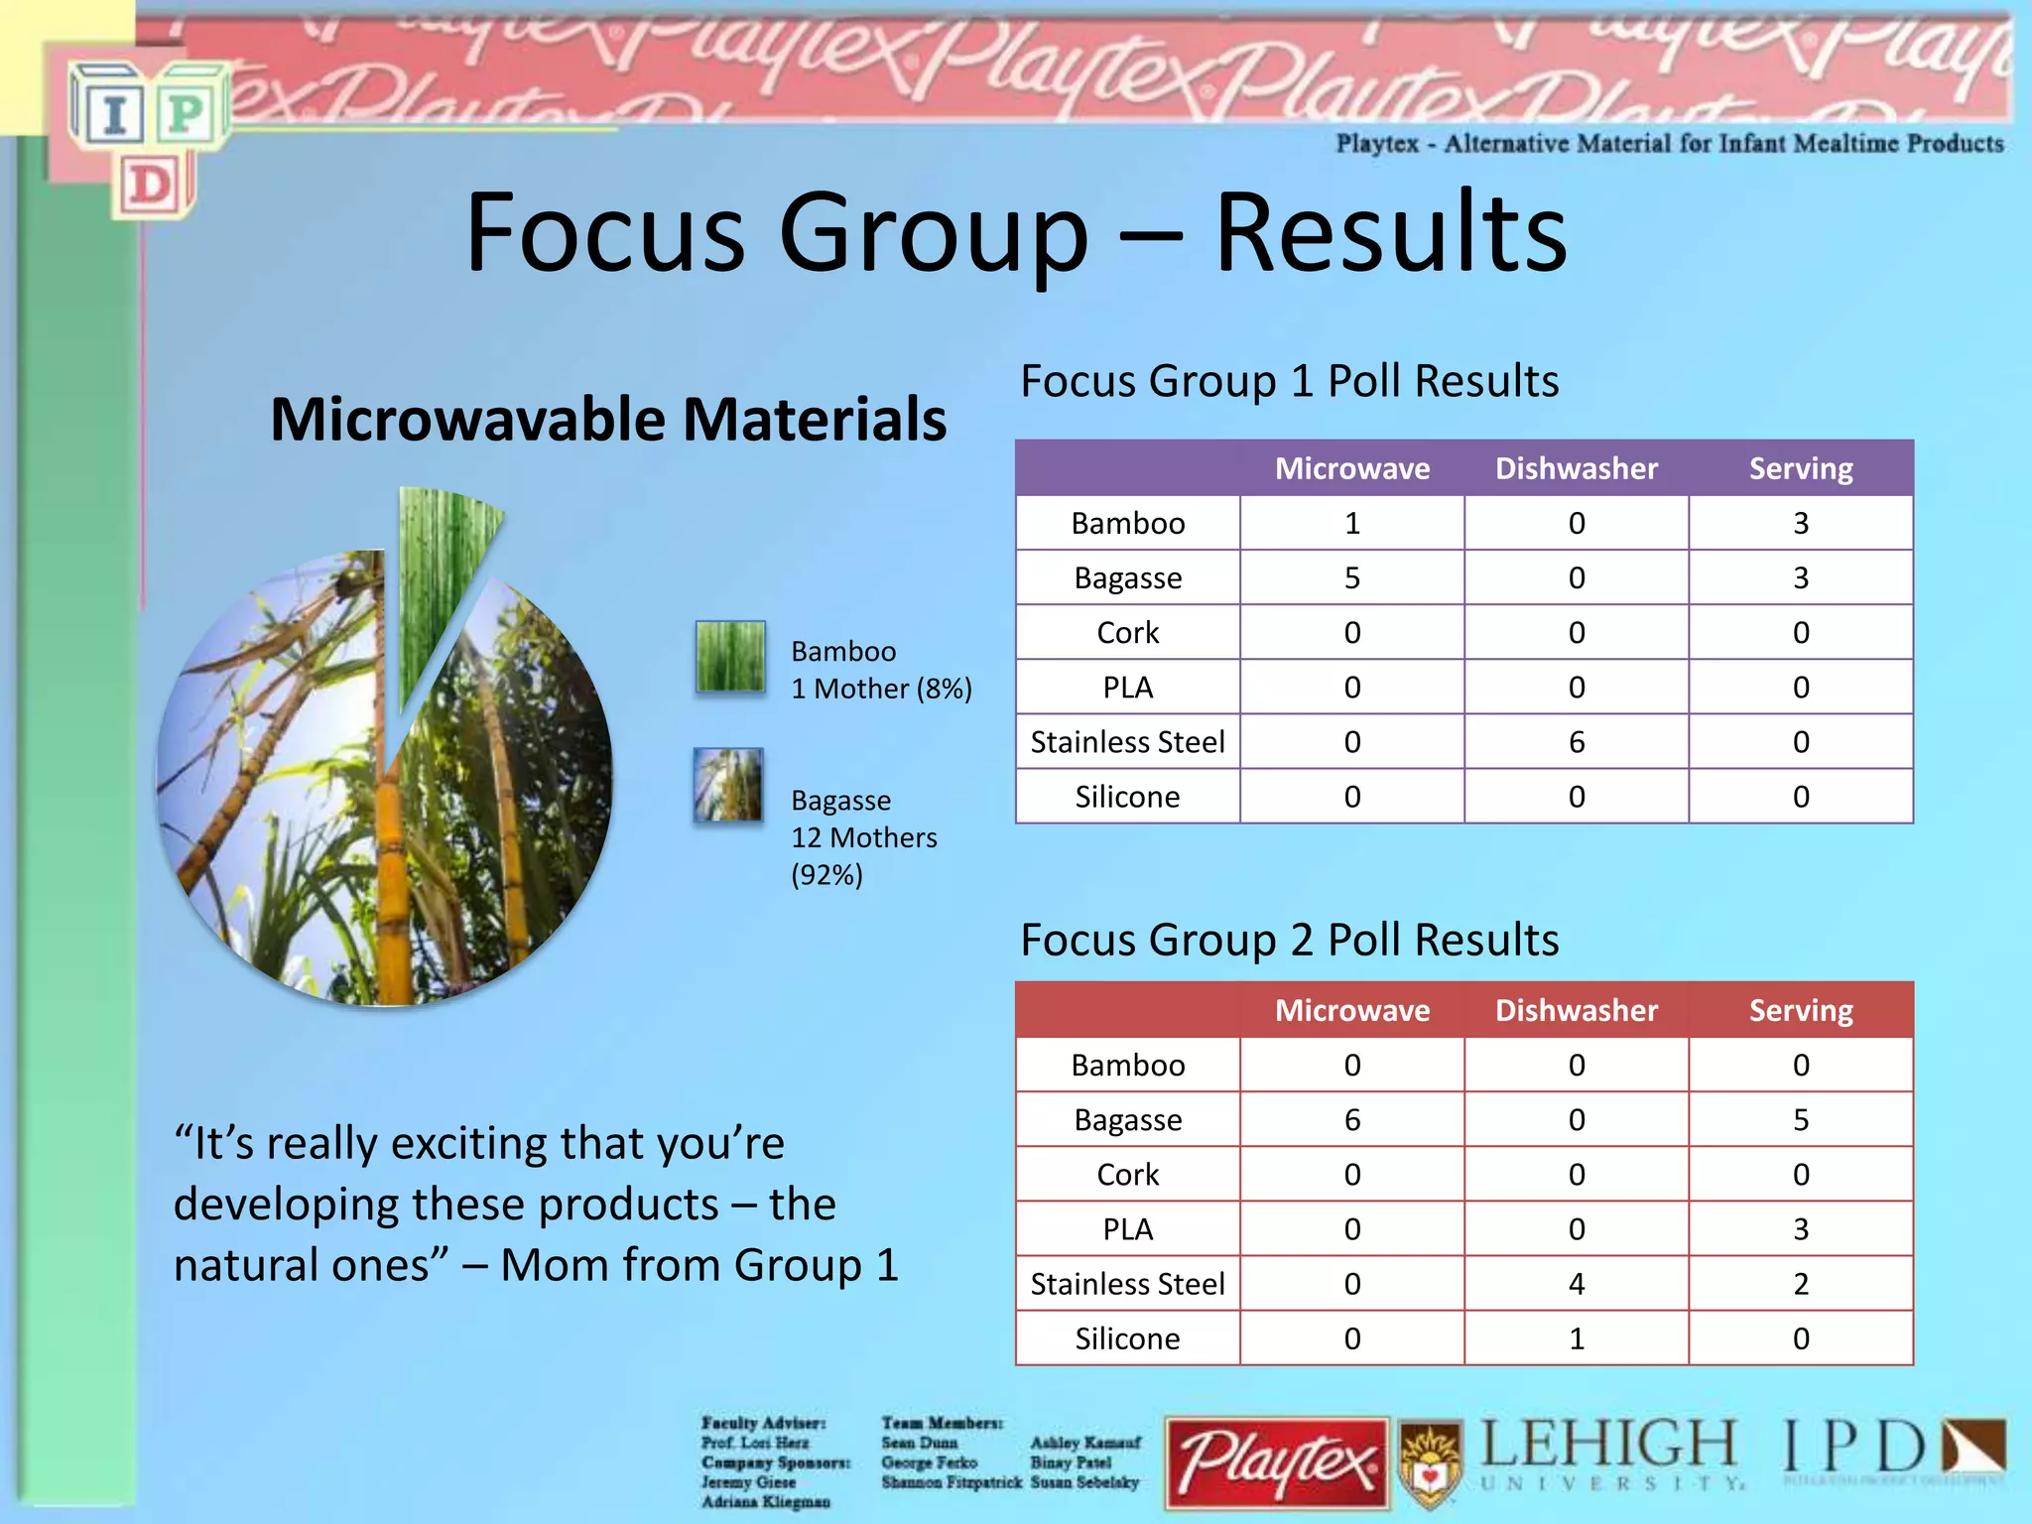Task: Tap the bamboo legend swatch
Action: (x=730, y=656)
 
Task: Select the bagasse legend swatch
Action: (x=728, y=785)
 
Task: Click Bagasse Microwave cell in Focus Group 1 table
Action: (x=1351, y=577)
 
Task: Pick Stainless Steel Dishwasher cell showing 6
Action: (x=1576, y=741)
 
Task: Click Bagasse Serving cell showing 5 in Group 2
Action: (x=1800, y=1119)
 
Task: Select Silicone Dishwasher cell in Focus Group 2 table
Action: (x=1576, y=1338)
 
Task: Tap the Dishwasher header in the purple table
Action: (x=1576, y=468)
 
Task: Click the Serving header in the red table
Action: (x=1800, y=1010)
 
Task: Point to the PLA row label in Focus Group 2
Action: (x=1127, y=1229)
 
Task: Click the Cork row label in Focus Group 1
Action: (x=1127, y=632)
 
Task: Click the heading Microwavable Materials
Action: (x=607, y=419)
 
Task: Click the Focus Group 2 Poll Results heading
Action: (x=1288, y=940)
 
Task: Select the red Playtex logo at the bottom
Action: (x=1276, y=1462)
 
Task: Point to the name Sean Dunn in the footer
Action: (x=919, y=1443)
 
